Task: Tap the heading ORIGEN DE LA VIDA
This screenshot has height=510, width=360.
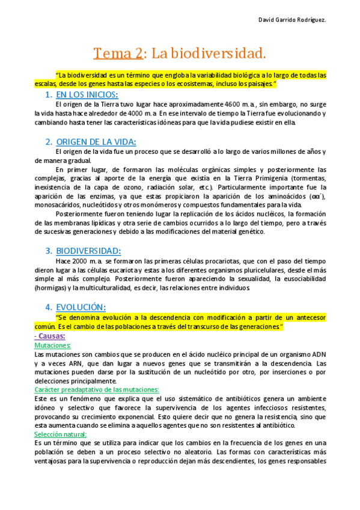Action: (x=96, y=142)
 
